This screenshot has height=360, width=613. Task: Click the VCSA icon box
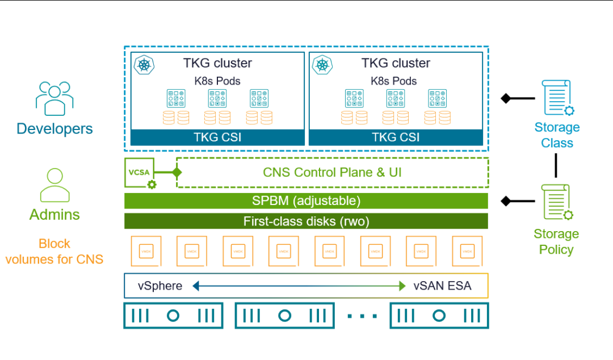pyautogui.click(x=140, y=173)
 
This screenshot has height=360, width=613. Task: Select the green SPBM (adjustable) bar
pyautogui.click(x=306, y=201)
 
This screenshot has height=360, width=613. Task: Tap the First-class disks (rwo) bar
pyautogui.click(x=306, y=221)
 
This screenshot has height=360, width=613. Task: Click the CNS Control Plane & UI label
pyautogui.click(x=332, y=172)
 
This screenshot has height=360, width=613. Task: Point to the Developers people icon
pyautogui.click(x=54, y=98)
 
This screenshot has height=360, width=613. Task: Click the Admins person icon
pyautogui.click(x=54, y=185)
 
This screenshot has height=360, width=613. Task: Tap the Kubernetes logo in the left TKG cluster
pyautogui.click(x=145, y=64)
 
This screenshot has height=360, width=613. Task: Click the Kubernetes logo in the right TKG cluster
pyautogui.click(x=323, y=64)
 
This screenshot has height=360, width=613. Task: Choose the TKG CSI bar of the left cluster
pyautogui.click(x=217, y=137)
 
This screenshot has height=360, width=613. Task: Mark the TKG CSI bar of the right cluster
pyautogui.click(x=396, y=137)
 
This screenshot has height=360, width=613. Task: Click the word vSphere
pyautogui.click(x=160, y=286)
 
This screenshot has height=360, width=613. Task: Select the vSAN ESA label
pyautogui.click(x=442, y=286)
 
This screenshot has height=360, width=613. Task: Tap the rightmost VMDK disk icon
pyautogui.click(x=467, y=251)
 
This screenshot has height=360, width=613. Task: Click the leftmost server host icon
pyautogui.click(x=173, y=316)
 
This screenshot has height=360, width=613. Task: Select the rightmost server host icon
pyautogui.click(x=439, y=316)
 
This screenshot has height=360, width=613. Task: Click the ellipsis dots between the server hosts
pyautogui.click(x=361, y=316)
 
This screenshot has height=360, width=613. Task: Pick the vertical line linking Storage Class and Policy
pyautogui.click(x=556, y=165)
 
